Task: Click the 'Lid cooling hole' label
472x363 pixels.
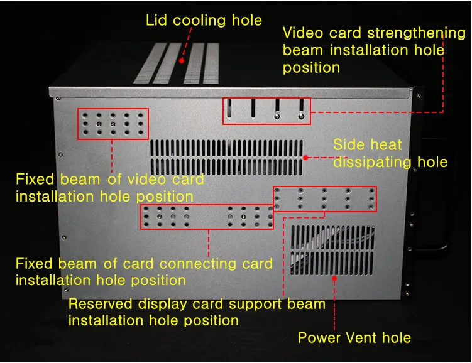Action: coord(204,21)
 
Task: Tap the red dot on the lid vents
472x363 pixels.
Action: coord(182,61)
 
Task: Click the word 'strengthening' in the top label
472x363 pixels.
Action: coord(416,34)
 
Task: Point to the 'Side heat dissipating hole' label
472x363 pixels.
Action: coord(390,153)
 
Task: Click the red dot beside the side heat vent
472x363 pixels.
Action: coord(305,157)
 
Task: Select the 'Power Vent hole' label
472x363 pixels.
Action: coord(354,337)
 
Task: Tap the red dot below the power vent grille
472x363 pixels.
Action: coord(334,279)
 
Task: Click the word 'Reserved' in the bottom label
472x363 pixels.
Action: coord(100,304)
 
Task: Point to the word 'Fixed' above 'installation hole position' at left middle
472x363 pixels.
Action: coord(35,179)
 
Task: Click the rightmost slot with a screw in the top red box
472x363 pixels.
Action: coord(301,109)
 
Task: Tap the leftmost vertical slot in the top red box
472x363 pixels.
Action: coord(229,107)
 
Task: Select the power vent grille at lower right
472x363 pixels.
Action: coord(332,250)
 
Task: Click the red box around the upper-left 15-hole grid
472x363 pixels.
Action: coord(77,124)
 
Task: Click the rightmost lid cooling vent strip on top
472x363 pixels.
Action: coord(211,63)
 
